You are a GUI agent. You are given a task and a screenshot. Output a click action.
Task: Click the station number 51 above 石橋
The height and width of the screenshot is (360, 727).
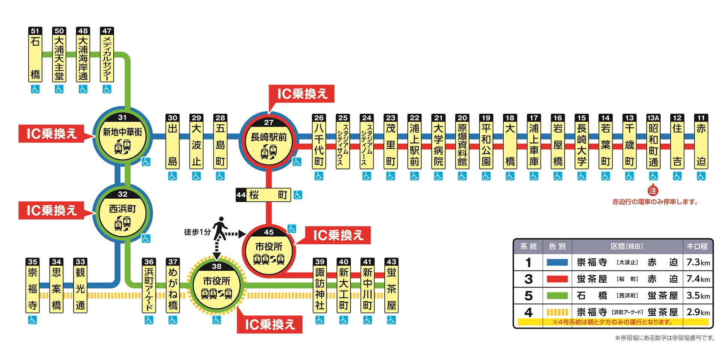pos(35,31)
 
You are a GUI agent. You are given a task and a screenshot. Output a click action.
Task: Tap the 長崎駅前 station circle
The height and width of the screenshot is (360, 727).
pos(269,141)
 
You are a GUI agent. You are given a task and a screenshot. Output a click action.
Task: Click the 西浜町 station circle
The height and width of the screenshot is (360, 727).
pos(122,213)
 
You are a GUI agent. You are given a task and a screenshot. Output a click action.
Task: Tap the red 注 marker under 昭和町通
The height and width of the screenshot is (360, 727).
pos(653,191)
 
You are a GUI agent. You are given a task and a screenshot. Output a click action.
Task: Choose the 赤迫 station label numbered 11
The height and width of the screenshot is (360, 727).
pos(701,145)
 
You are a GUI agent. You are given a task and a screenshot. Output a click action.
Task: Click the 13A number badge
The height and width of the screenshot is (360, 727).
pos(653,117)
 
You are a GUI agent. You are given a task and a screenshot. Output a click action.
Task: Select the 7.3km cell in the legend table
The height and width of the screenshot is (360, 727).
pos(698,262)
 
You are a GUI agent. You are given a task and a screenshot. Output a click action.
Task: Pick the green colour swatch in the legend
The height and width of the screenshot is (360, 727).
pos(557,295)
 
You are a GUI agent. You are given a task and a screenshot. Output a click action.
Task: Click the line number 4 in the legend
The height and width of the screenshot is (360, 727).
pos(528,312)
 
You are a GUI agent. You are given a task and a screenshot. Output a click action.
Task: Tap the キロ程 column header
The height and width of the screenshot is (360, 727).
pos(697,246)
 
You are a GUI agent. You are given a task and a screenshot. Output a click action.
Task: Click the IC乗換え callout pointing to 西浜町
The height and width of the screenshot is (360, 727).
pos(52,211)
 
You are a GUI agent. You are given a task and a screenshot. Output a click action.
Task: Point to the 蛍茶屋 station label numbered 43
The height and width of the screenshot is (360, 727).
pos(391,289)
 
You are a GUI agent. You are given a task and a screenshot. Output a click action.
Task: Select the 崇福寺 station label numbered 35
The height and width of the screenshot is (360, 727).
pos(33,289)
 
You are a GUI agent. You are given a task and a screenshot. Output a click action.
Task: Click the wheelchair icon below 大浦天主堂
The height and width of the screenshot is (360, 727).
pos(59,89)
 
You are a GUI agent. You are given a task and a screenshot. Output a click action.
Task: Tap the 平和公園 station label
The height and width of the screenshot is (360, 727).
pos(486,145)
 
